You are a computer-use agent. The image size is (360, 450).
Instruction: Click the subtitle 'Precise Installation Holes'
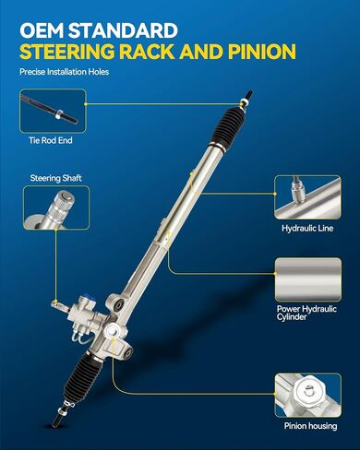pos(65,72)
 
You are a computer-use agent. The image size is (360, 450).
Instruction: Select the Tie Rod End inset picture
pos(53,111)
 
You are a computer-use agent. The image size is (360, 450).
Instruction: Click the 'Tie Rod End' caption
pos(51,140)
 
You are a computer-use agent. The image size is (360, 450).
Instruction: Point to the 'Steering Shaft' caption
pos(55,178)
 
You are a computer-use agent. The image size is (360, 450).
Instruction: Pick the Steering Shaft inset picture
pos(56,207)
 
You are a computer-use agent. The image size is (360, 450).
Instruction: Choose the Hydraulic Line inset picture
pos(307,197)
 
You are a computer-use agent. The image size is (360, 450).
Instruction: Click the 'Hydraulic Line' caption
pos(307,229)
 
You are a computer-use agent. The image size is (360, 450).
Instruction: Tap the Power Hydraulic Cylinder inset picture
pos(308,279)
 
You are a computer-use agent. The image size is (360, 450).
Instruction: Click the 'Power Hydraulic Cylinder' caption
pos(306,313)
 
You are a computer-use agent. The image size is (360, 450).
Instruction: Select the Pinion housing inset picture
pos(308,395)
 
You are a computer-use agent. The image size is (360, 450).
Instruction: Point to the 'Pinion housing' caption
pos(310,426)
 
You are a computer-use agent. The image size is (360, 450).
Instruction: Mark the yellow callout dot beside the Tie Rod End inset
pos(86,104)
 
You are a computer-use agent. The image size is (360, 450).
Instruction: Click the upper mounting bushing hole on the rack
pos(118,305)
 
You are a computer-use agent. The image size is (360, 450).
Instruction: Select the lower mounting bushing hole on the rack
pos(126,353)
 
